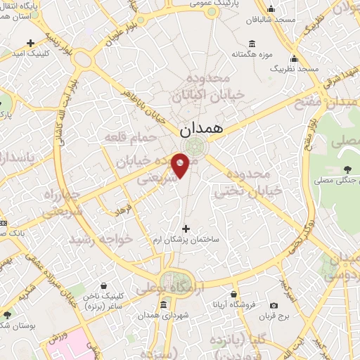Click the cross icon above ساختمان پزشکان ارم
coord(186,228)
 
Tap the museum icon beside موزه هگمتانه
coord(252,40)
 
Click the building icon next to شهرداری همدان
coord(163,304)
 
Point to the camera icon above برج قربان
coord(274,305)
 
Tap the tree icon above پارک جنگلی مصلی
coord(347,169)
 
